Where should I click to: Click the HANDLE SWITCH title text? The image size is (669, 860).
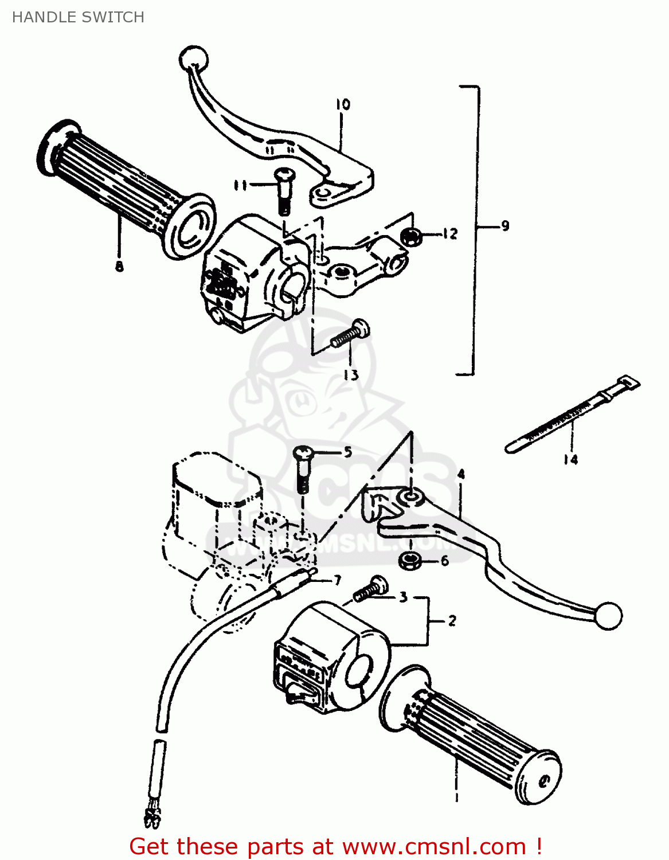pos(78,17)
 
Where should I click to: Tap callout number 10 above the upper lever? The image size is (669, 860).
pos(342,104)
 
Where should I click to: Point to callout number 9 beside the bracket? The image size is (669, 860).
pos(504,226)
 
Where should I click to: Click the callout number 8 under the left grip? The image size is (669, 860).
pos(119,266)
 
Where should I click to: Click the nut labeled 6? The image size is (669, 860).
pos(408,561)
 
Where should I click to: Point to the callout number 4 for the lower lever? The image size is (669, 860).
pos(461,474)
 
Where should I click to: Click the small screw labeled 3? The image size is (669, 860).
pos(371,590)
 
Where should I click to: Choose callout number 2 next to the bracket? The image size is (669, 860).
pos(452,621)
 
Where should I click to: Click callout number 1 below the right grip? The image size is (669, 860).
pos(456,797)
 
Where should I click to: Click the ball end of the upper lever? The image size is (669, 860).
pos(194,58)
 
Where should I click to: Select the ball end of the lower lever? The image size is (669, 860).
pos(608,616)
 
